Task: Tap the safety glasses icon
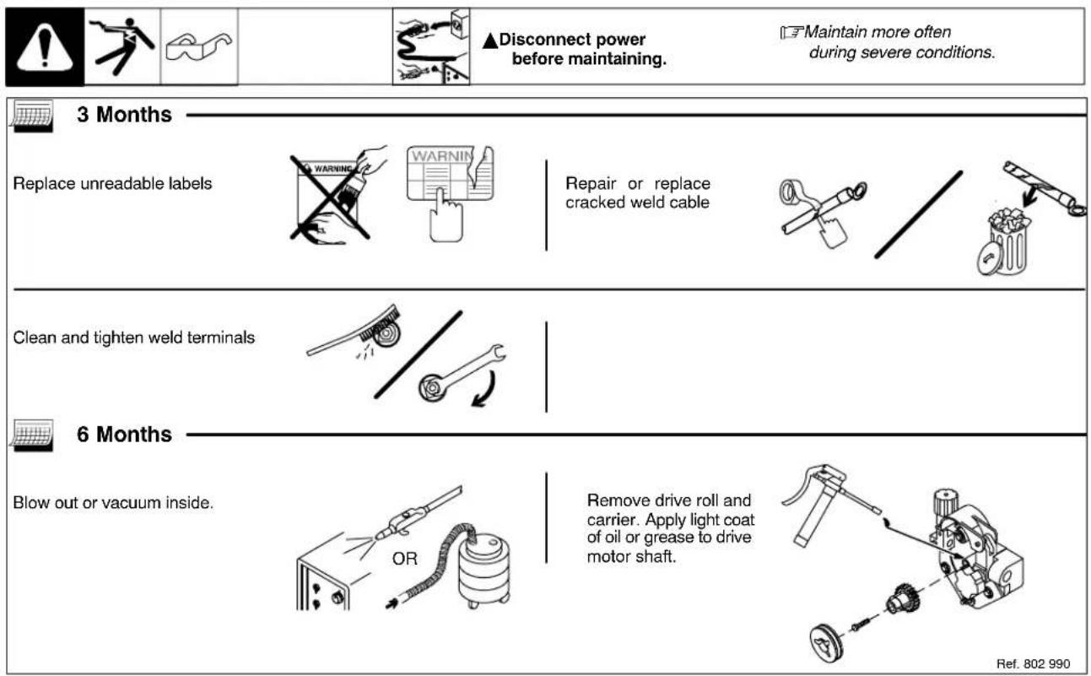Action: click(198, 47)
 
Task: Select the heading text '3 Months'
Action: click(124, 115)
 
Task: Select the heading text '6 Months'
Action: click(124, 435)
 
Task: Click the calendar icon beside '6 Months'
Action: click(31, 435)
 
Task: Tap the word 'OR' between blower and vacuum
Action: click(406, 560)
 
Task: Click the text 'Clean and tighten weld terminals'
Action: click(134, 338)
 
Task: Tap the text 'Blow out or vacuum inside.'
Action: click(113, 502)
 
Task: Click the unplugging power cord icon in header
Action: click(431, 47)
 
